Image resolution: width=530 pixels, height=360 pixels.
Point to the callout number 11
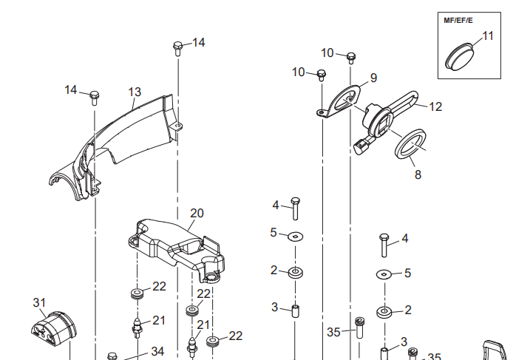tap(489, 35)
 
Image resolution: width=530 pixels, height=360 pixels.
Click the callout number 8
tap(418, 176)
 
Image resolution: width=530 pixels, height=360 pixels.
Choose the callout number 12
tap(435, 106)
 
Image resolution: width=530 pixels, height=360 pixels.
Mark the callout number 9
tap(373, 78)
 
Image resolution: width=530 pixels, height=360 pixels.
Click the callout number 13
tap(135, 92)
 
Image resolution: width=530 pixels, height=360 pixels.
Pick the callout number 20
tap(196, 213)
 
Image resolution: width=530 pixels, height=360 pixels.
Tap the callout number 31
tap(39, 302)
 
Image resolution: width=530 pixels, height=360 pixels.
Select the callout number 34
tap(157, 351)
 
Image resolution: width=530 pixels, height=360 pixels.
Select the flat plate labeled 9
tap(341, 102)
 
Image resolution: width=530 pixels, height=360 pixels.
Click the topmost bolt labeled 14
tap(177, 47)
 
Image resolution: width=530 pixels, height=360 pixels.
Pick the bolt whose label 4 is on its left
tap(295, 208)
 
